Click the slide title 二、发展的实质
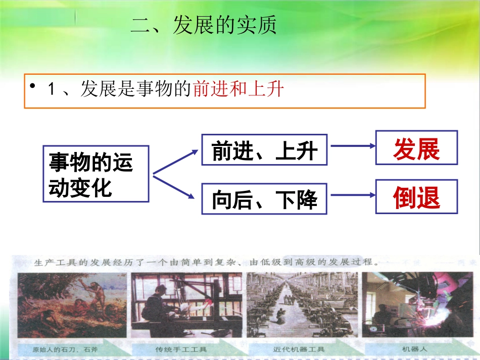point(204,26)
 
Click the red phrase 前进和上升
point(238,90)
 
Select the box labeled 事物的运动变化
point(96,174)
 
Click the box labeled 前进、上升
point(264,150)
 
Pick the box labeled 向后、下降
point(264,199)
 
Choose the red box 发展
point(416,148)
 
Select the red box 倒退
point(416,196)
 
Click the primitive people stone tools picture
point(72,304)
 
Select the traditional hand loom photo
point(186,304)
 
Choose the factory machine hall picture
point(302,304)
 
